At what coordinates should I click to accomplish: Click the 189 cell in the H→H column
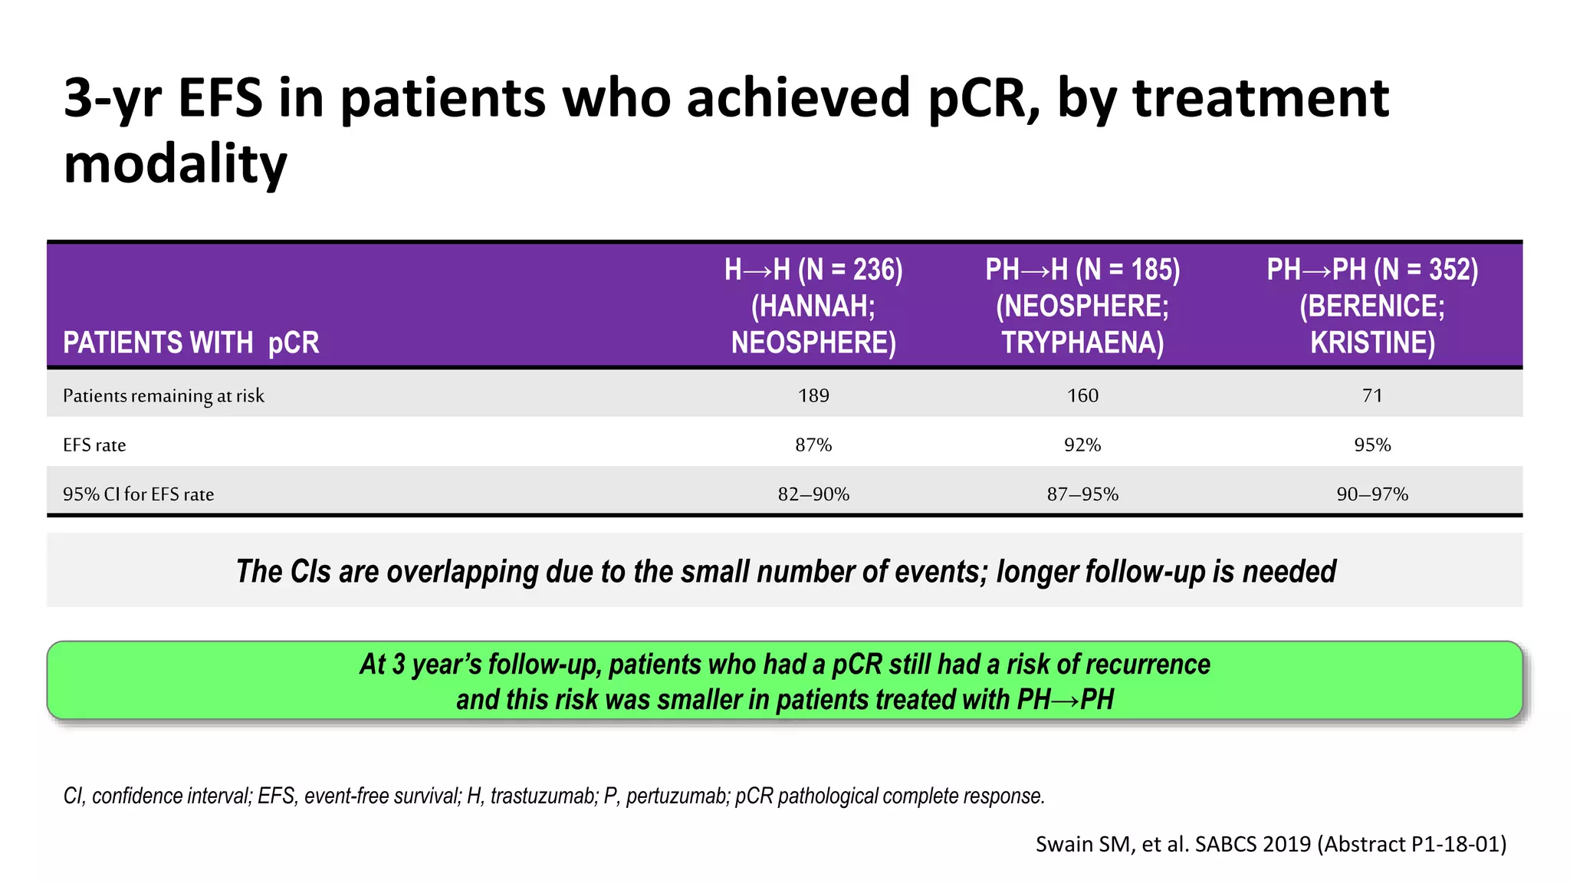813,396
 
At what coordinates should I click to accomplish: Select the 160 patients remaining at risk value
1082,396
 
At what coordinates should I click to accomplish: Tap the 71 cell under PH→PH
1372,396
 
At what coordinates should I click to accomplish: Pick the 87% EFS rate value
813,445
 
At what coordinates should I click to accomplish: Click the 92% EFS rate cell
1082,445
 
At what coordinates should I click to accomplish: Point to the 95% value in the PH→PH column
1372,445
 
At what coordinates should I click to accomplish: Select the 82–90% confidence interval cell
813,494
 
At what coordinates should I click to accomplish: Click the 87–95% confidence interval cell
1082,494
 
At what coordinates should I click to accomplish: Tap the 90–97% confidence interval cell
1372,494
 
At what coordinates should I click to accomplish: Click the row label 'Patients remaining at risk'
163,396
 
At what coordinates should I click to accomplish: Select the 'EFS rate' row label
94,445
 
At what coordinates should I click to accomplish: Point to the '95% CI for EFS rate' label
138,494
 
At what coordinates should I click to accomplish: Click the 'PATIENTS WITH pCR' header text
191,343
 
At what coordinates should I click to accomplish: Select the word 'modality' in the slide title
175,164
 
